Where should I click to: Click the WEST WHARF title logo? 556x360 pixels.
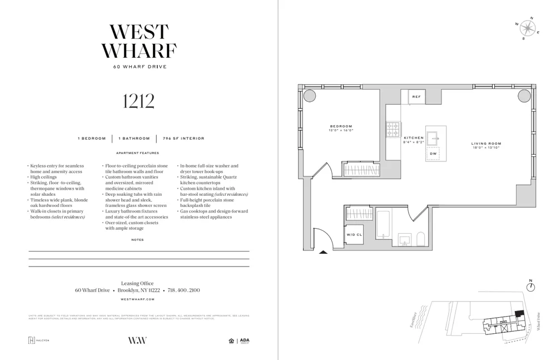coord(138,42)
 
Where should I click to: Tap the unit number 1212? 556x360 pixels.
coord(138,101)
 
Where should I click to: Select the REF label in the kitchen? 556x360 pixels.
coord(416,97)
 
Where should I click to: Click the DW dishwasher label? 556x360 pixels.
coord(433,153)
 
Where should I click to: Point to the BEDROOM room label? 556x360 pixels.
coord(341,126)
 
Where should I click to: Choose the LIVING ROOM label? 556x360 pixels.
coord(486,144)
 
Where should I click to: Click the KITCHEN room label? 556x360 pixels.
coord(413,138)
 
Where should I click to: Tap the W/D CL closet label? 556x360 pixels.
coord(354,235)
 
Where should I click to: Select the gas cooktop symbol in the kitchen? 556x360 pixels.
coord(393,130)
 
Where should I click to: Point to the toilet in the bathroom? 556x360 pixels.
coord(421,239)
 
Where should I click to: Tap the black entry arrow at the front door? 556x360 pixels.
coord(323,252)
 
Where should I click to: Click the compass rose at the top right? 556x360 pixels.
coord(527,28)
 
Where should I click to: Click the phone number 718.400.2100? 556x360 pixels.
coord(183,290)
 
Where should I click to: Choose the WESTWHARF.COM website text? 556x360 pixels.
coord(137,299)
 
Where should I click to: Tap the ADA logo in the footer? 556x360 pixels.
coord(245,341)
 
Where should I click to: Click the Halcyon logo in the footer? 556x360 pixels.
coord(38,341)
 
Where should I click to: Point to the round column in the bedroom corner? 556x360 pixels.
coord(310,95)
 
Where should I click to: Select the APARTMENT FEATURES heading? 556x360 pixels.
coord(137,153)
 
